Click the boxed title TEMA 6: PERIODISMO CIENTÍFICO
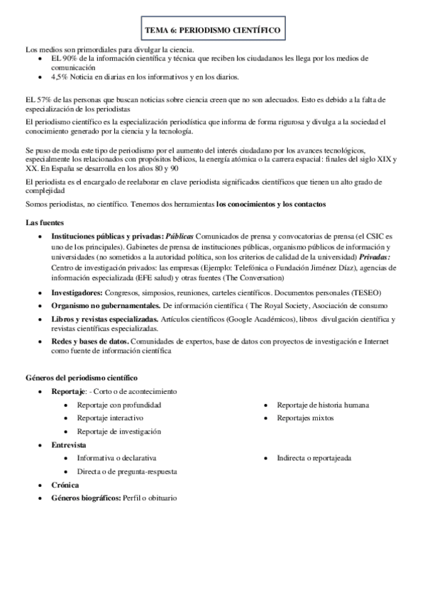[x=212, y=31]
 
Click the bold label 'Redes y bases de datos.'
[x=89, y=341]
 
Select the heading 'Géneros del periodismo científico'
[x=82, y=378]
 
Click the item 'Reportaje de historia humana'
[x=323, y=405]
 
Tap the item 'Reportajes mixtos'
[x=306, y=418]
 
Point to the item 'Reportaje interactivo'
[x=111, y=418]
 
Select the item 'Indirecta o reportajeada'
[x=314, y=458]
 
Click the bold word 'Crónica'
[x=65, y=484]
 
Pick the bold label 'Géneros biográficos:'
[x=86, y=498]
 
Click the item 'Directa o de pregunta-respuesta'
[x=128, y=471]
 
